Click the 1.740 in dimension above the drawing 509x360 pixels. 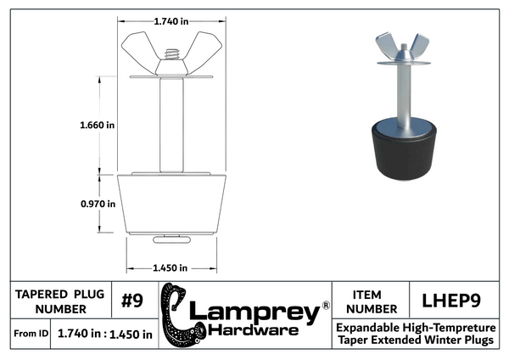tap(171, 21)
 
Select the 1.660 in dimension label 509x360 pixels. tap(97, 125)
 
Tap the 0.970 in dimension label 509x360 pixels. tap(98, 204)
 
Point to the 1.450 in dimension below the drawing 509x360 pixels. tap(171, 268)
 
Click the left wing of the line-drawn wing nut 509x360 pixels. tap(138, 48)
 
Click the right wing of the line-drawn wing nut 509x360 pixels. tap(204, 48)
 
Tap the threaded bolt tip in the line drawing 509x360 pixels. tap(171, 54)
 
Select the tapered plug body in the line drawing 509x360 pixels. tap(171, 204)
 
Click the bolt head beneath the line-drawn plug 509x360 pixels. tap(171, 239)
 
